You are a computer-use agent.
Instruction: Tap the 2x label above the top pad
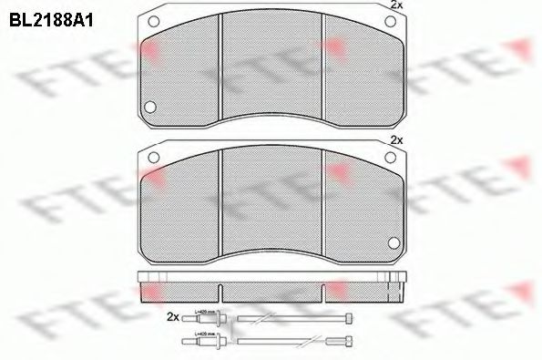(x=395, y=6)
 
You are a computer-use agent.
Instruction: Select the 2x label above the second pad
(x=395, y=140)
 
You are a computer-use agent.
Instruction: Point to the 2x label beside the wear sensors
(x=172, y=316)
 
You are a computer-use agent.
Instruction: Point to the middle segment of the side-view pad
(x=273, y=289)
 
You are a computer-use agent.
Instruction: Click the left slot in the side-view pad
(x=220, y=292)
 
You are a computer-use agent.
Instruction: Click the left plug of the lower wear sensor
(x=203, y=342)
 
